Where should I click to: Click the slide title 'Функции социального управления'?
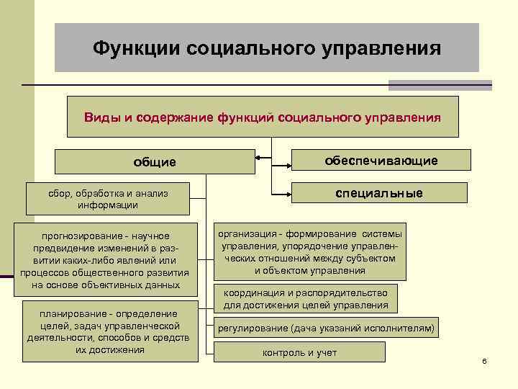(x=267, y=48)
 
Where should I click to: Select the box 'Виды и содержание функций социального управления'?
(x=263, y=117)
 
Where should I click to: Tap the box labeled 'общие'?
(x=154, y=162)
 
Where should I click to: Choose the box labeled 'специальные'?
(x=379, y=194)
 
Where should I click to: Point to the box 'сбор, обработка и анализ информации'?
(x=108, y=199)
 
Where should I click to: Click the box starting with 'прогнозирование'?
(x=105, y=260)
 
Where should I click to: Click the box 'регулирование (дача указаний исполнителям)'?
(x=326, y=328)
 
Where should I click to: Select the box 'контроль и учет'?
(x=299, y=352)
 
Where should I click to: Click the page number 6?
(x=484, y=360)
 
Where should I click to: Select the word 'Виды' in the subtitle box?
(x=99, y=117)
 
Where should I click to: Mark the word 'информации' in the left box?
(x=108, y=205)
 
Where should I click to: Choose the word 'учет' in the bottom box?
(x=324, y=352)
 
